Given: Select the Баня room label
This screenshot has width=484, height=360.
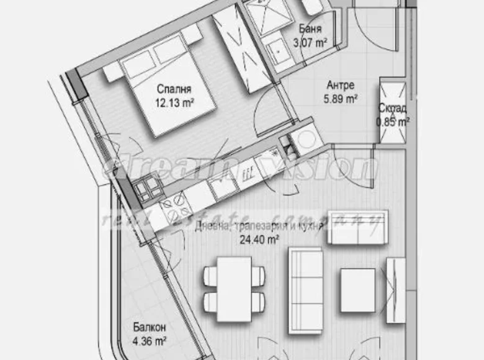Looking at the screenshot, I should click(310, 29).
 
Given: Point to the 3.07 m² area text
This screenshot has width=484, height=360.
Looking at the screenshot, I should click(310, 42).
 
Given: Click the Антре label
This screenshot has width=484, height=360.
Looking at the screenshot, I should click(341, 85).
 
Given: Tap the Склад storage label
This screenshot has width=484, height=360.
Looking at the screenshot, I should click(393, 109).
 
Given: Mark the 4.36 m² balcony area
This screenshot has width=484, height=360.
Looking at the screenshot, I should click(150, 341).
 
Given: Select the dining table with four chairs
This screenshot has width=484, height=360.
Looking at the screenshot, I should click(234, 284).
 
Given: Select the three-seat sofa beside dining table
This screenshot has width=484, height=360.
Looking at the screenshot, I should click(305, 282).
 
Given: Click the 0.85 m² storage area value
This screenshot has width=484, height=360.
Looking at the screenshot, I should click(393, 122).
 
